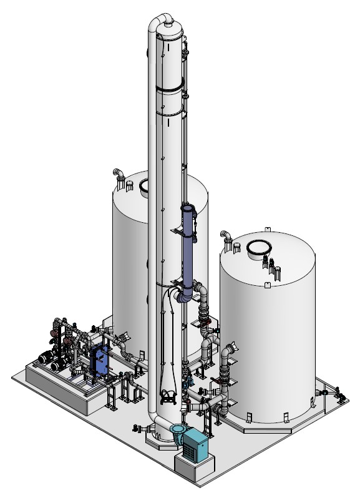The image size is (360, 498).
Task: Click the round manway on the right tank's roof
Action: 260,250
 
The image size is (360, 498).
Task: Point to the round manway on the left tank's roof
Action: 144,185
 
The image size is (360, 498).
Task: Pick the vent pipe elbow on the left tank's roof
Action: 117,174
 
